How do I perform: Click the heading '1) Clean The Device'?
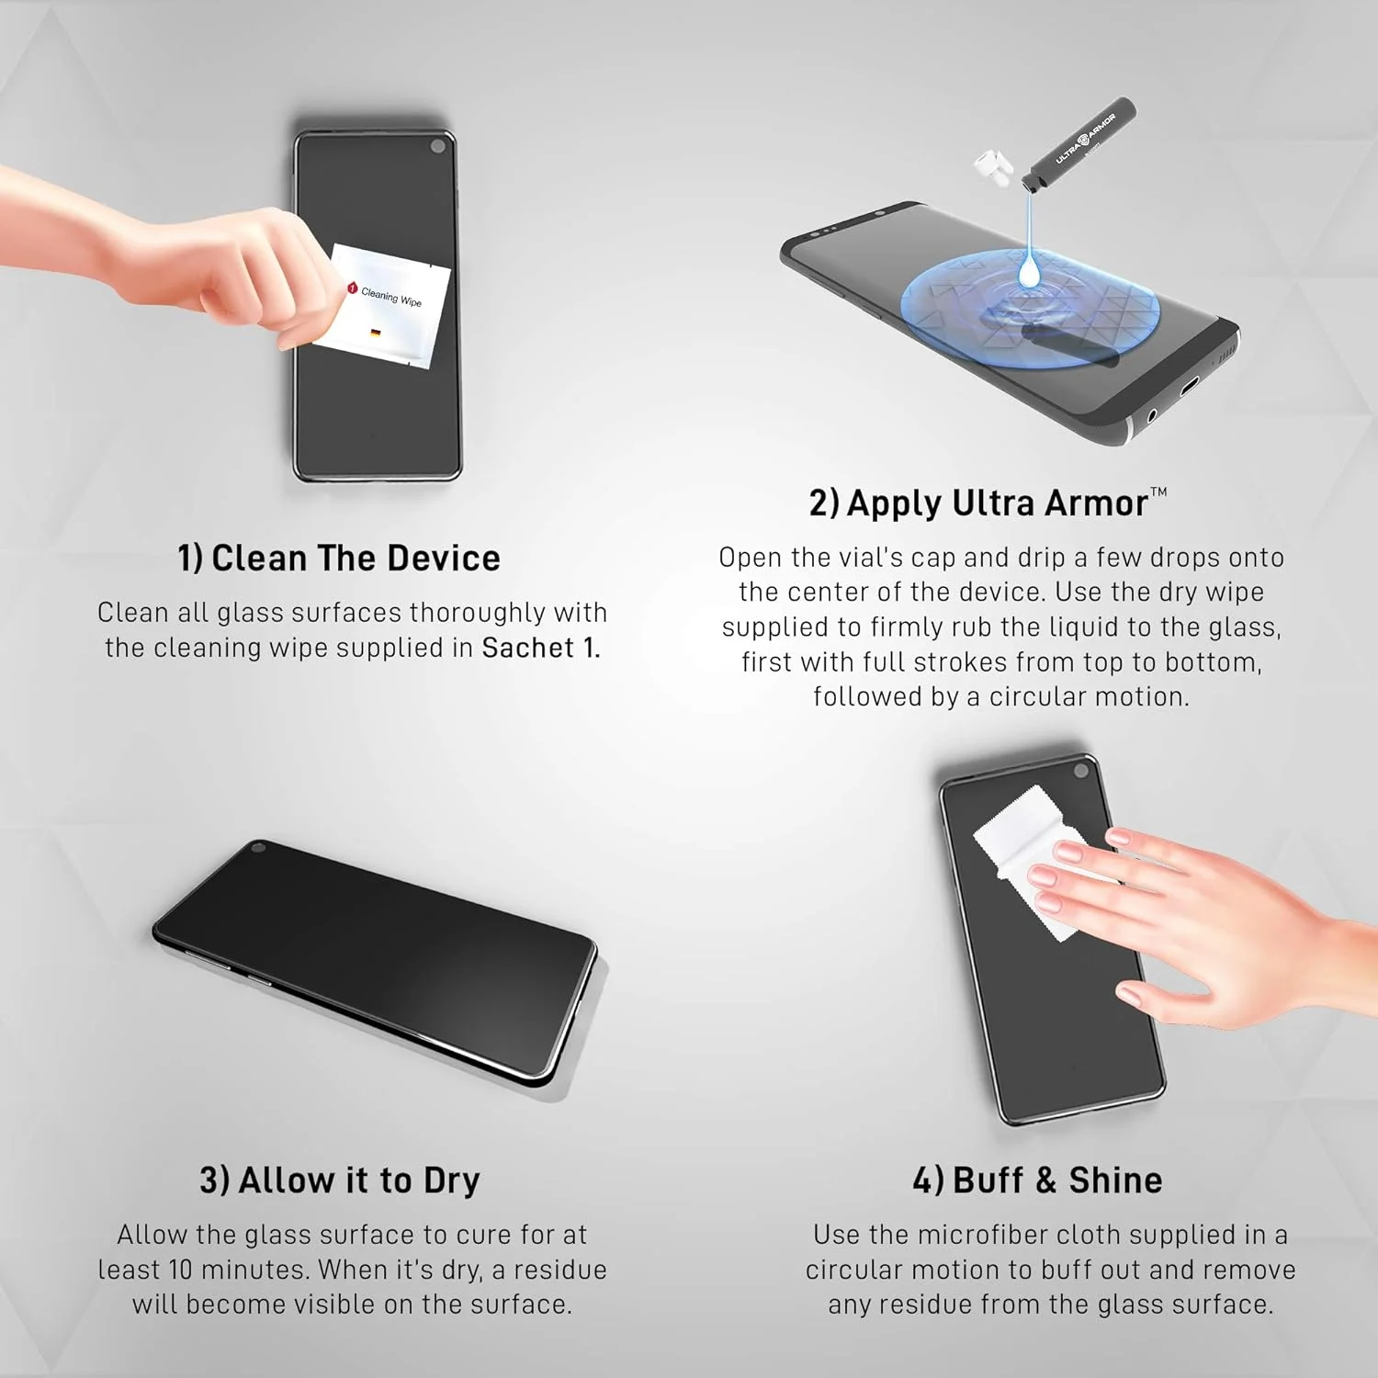click(339, 559)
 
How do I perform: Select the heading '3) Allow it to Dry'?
click(340, 1180)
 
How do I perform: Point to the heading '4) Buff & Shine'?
click(1037, 1180)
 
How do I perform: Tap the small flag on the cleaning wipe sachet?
click(376, 333)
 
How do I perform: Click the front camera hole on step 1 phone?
click(438, 146)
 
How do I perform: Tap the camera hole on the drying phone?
click(258, 847)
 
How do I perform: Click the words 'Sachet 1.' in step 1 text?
click(541, 649)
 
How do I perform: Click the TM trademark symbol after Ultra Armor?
click(1158, 492)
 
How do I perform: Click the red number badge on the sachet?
click(352, 288)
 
